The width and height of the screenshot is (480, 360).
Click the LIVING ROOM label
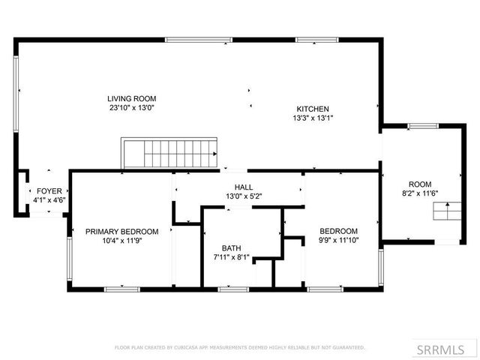[131, 98]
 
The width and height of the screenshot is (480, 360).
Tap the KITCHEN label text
[312, 108]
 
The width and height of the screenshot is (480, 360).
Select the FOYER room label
[49, 191]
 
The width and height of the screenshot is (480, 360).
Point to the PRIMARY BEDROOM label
[121, 231]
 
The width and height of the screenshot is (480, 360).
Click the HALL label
[243, 187]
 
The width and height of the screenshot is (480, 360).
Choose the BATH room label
[231, 248]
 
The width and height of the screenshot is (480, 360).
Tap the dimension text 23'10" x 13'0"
[131, 107]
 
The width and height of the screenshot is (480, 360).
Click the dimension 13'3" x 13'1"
[312, 117]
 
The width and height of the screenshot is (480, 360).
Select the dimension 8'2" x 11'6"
[419, 193]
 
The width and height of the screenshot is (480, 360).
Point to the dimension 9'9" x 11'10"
[338, 240]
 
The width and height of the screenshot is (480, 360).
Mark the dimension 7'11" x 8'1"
[231, 257]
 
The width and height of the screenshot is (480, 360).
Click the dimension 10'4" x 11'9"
[121, 240]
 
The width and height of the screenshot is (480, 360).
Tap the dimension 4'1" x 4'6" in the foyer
[49, 200]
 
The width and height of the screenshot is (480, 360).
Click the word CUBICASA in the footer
[184, 347]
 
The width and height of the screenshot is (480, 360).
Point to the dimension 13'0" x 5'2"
[243, 196]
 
